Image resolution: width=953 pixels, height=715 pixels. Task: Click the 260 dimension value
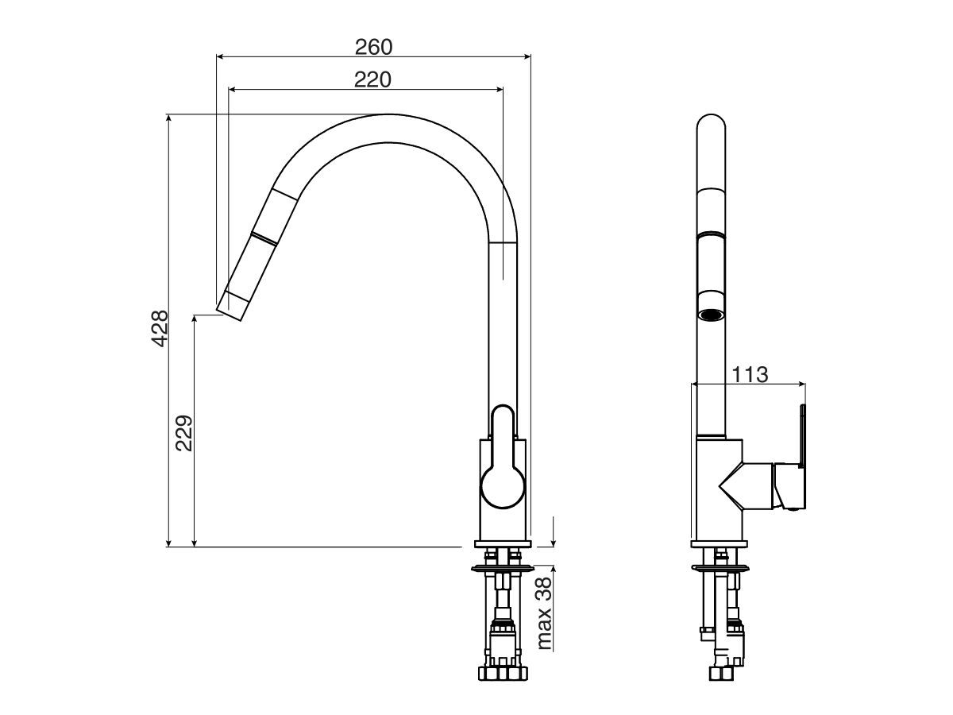[373, 47]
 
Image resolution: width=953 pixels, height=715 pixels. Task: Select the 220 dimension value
[373, 79]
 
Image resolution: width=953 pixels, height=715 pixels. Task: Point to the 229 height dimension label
[184, 432]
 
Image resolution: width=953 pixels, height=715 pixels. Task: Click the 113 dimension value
[750, 374]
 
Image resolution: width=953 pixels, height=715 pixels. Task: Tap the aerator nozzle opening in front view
[711, 315]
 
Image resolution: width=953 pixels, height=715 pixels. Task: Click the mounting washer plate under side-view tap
[502, 568]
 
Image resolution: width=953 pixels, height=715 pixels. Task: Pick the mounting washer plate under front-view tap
[720, 567]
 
